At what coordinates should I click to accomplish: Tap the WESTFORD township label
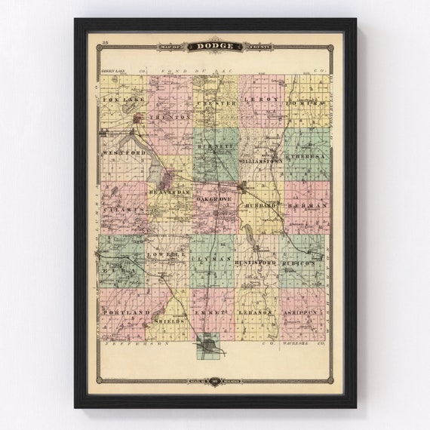coord(123,152)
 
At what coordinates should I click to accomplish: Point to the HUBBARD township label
coord(260,204)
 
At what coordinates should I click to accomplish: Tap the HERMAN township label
coord(309,204)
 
